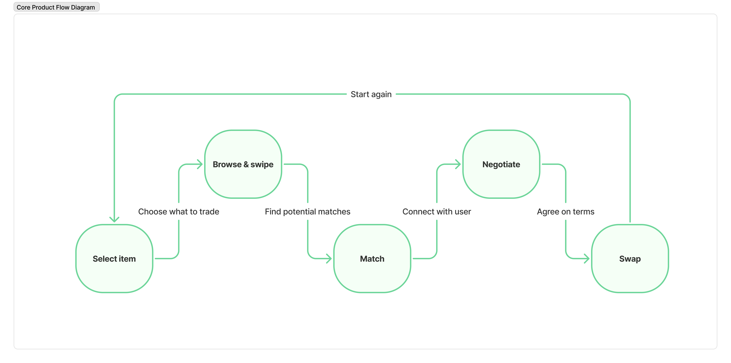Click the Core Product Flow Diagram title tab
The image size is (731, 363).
point(56,7)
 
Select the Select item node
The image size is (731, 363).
point(114,259)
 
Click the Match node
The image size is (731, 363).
point(372,259)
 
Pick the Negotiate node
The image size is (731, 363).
point(501,164)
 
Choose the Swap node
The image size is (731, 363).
point(630,259)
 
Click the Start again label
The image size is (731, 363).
point(371,94)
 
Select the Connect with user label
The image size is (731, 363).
point(436,212)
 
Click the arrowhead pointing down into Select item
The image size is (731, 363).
point(114,219)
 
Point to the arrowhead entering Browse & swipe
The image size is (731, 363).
point(200,164)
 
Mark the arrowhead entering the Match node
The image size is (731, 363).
point(329,258)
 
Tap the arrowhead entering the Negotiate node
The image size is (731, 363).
point(458,164)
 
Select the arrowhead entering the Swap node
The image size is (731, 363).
point(587,258)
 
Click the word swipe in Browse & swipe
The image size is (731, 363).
point(262,165)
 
